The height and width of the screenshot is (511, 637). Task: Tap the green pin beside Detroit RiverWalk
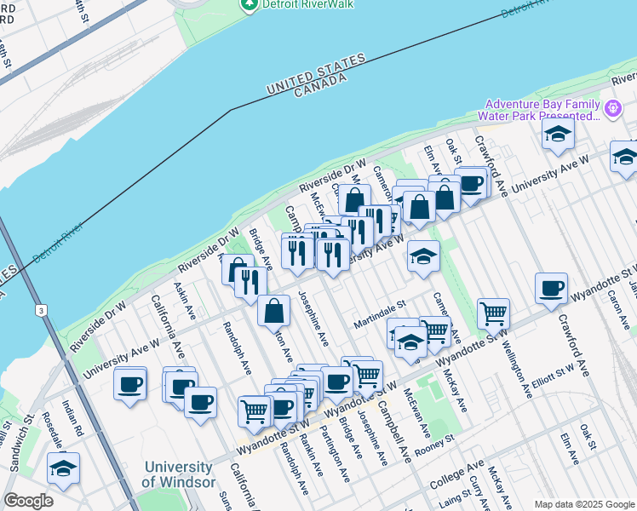coord(249,5)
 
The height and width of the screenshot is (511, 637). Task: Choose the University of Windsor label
coord(178,474)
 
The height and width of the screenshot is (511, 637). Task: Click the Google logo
coord(29,501)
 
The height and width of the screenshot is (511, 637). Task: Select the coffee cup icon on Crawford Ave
coord(552,289)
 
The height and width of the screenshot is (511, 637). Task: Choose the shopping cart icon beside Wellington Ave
coord(493,313)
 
